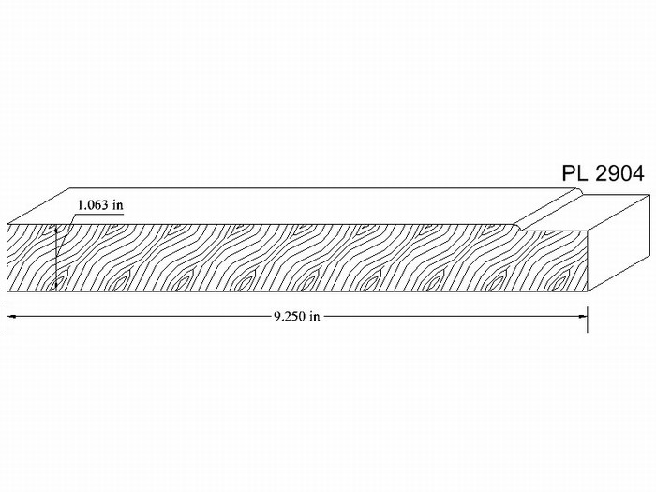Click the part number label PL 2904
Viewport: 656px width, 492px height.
tap(603, 173)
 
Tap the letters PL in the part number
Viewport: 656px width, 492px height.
tap(574, 173)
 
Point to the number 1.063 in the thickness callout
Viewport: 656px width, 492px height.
tap(94, 205)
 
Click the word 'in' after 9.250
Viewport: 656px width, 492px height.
tap(315, 317)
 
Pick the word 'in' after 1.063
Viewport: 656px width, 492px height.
tap(118, 205)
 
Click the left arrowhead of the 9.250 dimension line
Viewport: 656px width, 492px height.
tap(11, 317)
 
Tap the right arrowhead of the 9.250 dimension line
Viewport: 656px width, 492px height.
tap(582, 317)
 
